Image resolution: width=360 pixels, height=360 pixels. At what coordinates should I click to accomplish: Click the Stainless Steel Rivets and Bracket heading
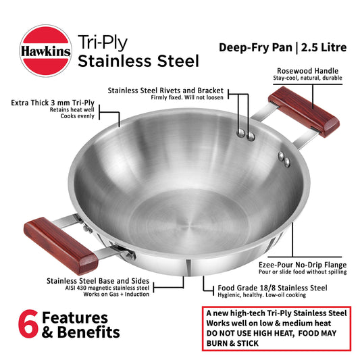point(165,90)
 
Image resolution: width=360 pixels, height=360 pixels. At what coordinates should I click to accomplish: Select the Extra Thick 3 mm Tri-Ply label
point(66,103)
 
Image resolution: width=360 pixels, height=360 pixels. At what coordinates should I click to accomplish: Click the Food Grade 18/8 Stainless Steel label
point(272,288)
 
